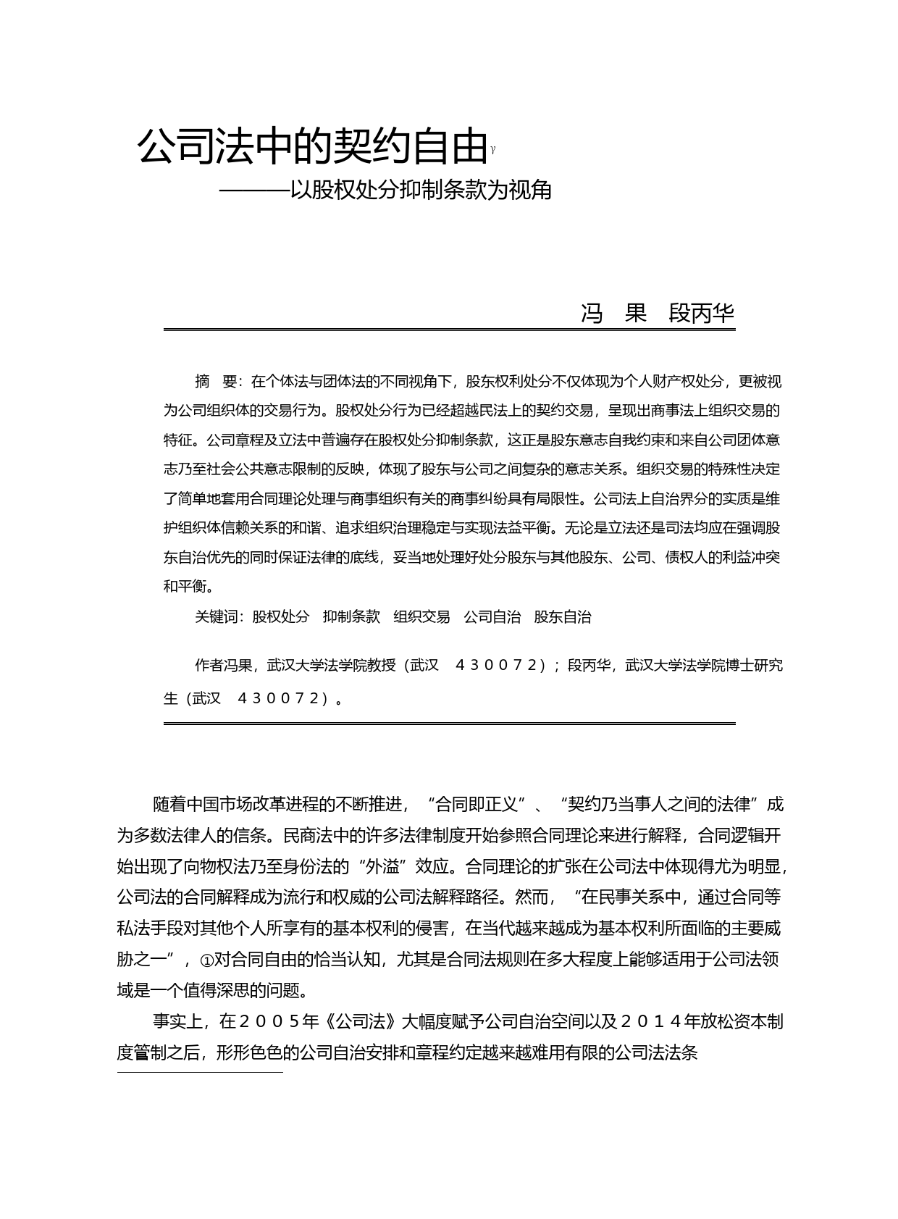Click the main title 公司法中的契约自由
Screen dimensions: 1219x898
pyautogui.click(x=311, y=147)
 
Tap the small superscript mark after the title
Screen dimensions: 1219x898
pyautogui.click(x=493, y=150)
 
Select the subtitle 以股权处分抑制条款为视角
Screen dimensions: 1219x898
pyautogui.click(x=421, y=190)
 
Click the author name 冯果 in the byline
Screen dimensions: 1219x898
pyautogui.click(x=614, y=314)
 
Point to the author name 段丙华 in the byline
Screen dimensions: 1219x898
pyautogui.click(x=701, y=314)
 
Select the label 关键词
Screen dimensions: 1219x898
pyautogui.click(x=216, y=617)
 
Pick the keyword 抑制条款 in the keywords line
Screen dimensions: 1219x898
pyautogui.click(x=351, y=617)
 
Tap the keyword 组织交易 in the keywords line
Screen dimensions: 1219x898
pyautogui.click(x=421, y=617)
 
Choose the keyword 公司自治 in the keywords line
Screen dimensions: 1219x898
pyautogui.click(x=492, y=617)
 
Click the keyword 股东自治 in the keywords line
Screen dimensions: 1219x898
pyautogui.click(x=563, y=617)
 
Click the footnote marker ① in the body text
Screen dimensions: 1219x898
pyautogui.click(x=206, y=960)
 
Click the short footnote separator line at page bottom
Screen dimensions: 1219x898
pyautogui.click(x=200, y=1072)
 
